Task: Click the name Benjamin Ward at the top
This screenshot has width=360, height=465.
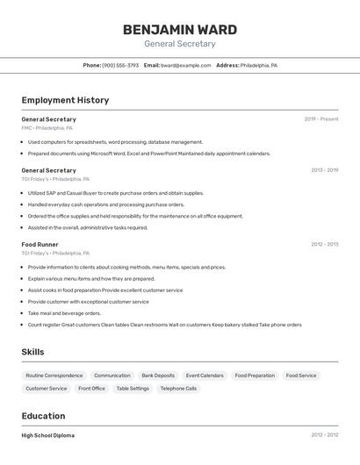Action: click(x=179, y=29)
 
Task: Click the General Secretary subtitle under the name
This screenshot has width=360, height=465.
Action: click(x=179, y=44)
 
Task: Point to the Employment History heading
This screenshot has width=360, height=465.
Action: click(x=65, y=100)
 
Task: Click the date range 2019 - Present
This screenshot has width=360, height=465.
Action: click(x=321, y=118)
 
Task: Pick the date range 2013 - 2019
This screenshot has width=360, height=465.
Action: click(x=324, y=170)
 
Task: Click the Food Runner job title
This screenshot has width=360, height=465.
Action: click(x=40, y=244)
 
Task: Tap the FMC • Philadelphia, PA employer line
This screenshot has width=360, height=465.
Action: click(x=47, y=128)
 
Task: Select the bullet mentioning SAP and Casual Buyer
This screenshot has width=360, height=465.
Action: click(x=115, y=193)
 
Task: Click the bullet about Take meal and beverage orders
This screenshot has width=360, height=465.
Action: click(x=64, y=313)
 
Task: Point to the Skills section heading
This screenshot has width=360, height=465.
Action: click(x=32, y=352)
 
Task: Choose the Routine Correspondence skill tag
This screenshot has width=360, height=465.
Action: click(x=54, y=376)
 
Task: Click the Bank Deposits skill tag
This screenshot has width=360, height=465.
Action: click(x=158, y=376)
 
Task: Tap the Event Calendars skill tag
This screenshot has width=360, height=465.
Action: click(x=205, y=376)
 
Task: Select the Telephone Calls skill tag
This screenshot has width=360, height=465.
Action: click(x=178, y=388)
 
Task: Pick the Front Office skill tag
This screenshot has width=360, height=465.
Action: click(x=91, y=388)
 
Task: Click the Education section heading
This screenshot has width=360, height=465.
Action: click(x=43, y=416)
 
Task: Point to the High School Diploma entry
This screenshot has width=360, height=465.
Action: click(x=47, y=435)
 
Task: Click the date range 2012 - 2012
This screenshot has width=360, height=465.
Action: click(x=324, y=434)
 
